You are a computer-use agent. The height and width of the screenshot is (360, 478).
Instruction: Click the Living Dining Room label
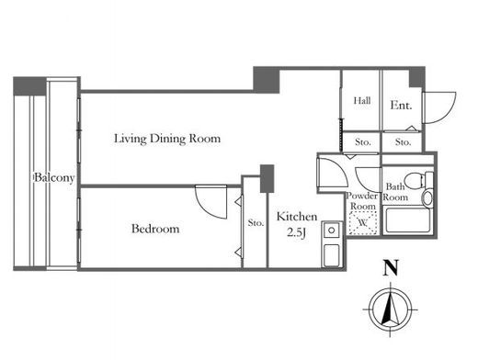167,139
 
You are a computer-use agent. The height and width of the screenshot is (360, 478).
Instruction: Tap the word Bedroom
155,229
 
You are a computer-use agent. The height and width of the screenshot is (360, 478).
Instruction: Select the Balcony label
54,177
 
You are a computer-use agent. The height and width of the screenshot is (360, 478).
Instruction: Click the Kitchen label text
297,217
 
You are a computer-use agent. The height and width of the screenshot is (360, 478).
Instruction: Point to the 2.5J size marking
296,233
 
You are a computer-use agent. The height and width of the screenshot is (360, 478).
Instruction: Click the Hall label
362,100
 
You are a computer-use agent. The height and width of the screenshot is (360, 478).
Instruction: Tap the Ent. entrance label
401,106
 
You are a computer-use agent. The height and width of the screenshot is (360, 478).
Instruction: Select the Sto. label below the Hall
363,142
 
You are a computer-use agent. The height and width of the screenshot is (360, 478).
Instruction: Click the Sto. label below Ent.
403,142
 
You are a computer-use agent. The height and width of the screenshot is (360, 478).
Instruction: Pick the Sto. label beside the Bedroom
256,222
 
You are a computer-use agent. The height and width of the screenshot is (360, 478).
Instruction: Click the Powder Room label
362,201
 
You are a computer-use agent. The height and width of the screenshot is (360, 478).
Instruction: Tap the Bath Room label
395,192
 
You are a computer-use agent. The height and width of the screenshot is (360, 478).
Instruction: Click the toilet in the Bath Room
418,180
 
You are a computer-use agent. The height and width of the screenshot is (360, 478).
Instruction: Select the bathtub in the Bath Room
408,220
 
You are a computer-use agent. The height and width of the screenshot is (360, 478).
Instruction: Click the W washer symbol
363,222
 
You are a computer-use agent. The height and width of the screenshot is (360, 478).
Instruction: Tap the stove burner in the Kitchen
331,230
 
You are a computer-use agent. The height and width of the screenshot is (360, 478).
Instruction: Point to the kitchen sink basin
331,255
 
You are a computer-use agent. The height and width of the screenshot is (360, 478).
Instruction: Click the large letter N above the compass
391,267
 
